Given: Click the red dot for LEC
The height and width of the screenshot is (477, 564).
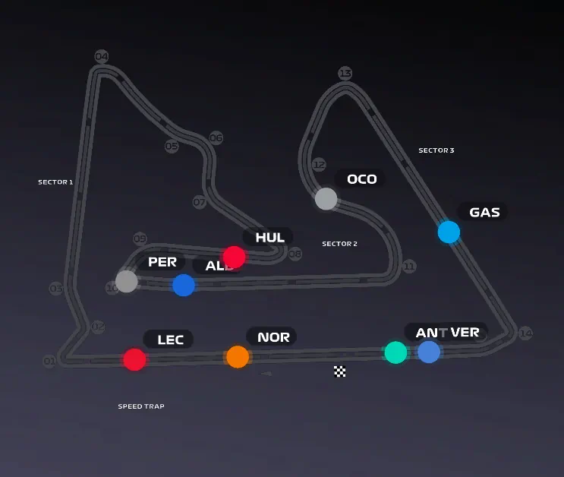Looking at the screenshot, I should coord(134,359).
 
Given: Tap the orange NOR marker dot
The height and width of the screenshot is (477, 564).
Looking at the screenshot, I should coord(238,356).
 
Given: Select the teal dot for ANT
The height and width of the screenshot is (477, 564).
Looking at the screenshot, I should coord(395,352).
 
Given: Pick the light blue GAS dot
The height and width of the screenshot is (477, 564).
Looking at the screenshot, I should coord(449,232).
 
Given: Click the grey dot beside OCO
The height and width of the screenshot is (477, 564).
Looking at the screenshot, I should coord(326,199).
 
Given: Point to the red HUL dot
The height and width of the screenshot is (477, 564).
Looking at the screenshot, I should coord(234,257).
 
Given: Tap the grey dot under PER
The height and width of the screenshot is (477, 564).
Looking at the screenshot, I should coord(127,281).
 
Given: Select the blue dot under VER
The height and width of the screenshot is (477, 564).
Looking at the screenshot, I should coord(429,352).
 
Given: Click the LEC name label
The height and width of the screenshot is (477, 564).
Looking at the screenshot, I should coord(170,340).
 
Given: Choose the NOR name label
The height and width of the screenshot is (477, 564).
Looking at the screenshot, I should coord(273,337).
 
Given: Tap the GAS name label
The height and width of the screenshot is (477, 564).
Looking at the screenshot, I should coord(484,212).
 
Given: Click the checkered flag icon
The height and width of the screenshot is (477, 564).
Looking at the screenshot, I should coord(340,371).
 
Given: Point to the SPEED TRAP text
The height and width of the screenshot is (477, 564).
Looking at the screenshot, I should coord(141,406).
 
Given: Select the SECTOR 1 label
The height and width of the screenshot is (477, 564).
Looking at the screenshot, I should coord(55,182).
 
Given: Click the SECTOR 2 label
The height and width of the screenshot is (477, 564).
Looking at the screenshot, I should coord(339,244).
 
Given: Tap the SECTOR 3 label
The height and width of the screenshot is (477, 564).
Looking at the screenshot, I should coord(436,150).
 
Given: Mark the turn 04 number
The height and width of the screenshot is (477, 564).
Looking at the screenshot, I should coord(102,57).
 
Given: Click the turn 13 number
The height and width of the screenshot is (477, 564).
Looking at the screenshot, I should coord(345,74).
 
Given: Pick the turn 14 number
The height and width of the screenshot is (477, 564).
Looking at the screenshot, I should coord(525,333).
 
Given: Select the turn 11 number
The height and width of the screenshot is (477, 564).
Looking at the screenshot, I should coord(409,267).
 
